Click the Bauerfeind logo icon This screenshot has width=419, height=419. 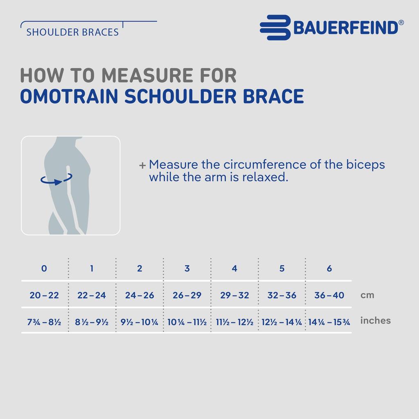click(x=275, y=28)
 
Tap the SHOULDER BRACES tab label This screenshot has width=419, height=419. click(x=72, y=32)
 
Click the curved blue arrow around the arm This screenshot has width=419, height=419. click(x=56, y=179)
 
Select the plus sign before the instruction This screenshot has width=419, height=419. click(x=142, y=165)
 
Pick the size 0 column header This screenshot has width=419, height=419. click(x=44, y=269)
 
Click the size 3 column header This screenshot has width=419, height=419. click(x=187, y=269)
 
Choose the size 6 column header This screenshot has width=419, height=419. click(x=329, y=269)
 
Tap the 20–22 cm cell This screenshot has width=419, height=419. click(x=44, y=295)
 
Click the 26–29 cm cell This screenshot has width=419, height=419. click(x=187, y=295)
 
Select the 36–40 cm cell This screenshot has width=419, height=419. click(x=329, y=295)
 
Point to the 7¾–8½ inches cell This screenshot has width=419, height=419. click(x=44, y=322)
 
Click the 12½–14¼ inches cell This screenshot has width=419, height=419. click(x=282, y=322)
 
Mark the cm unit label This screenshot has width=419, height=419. click(x=367, y=295)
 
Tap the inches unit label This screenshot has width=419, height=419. click(x=375, y=321)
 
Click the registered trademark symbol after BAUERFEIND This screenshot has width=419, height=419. click(x=401, y=23)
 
